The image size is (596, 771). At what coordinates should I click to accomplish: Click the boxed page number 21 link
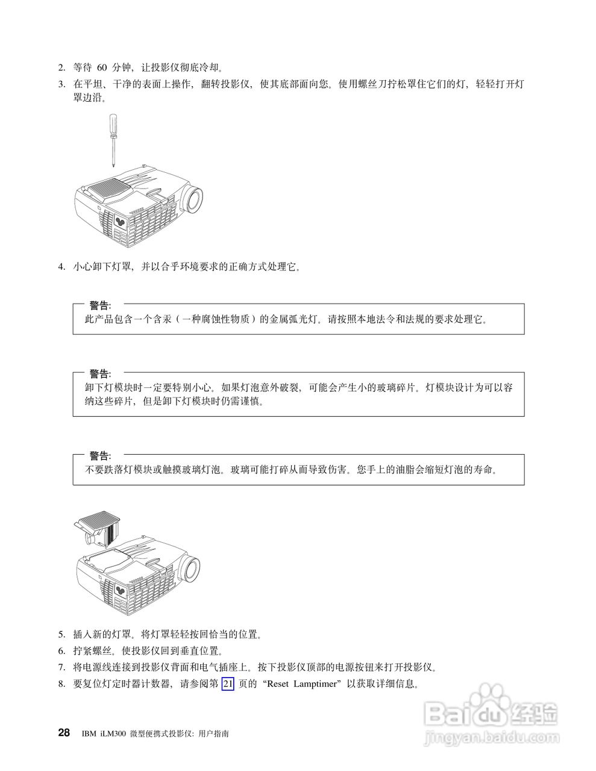pyautogui.click(x=228, y=684)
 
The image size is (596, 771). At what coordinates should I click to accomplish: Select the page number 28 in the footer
pyautogui.click(x=64, y=733)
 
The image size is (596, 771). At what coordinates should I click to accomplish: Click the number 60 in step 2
pyautogui.click(x=101, y=67)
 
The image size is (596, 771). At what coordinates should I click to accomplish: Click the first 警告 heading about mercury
pyautogui.click(x=99, y=305)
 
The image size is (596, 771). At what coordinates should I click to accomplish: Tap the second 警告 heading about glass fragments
pyautogui.click(x=99, y=373)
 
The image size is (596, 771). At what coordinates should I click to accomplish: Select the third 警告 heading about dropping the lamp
pyautogui.click(x=99, y=455)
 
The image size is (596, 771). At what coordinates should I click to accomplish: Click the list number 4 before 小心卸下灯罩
pyautogui.click(x=61, y=267)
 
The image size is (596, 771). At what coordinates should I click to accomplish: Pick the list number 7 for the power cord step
pyautogui.click(x=61, y=667)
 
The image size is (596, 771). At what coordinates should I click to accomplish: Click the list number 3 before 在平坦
pyautogui.click(x=61, y=84)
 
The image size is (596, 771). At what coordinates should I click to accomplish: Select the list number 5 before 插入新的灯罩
pyautogui.click(x=61, y=634)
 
